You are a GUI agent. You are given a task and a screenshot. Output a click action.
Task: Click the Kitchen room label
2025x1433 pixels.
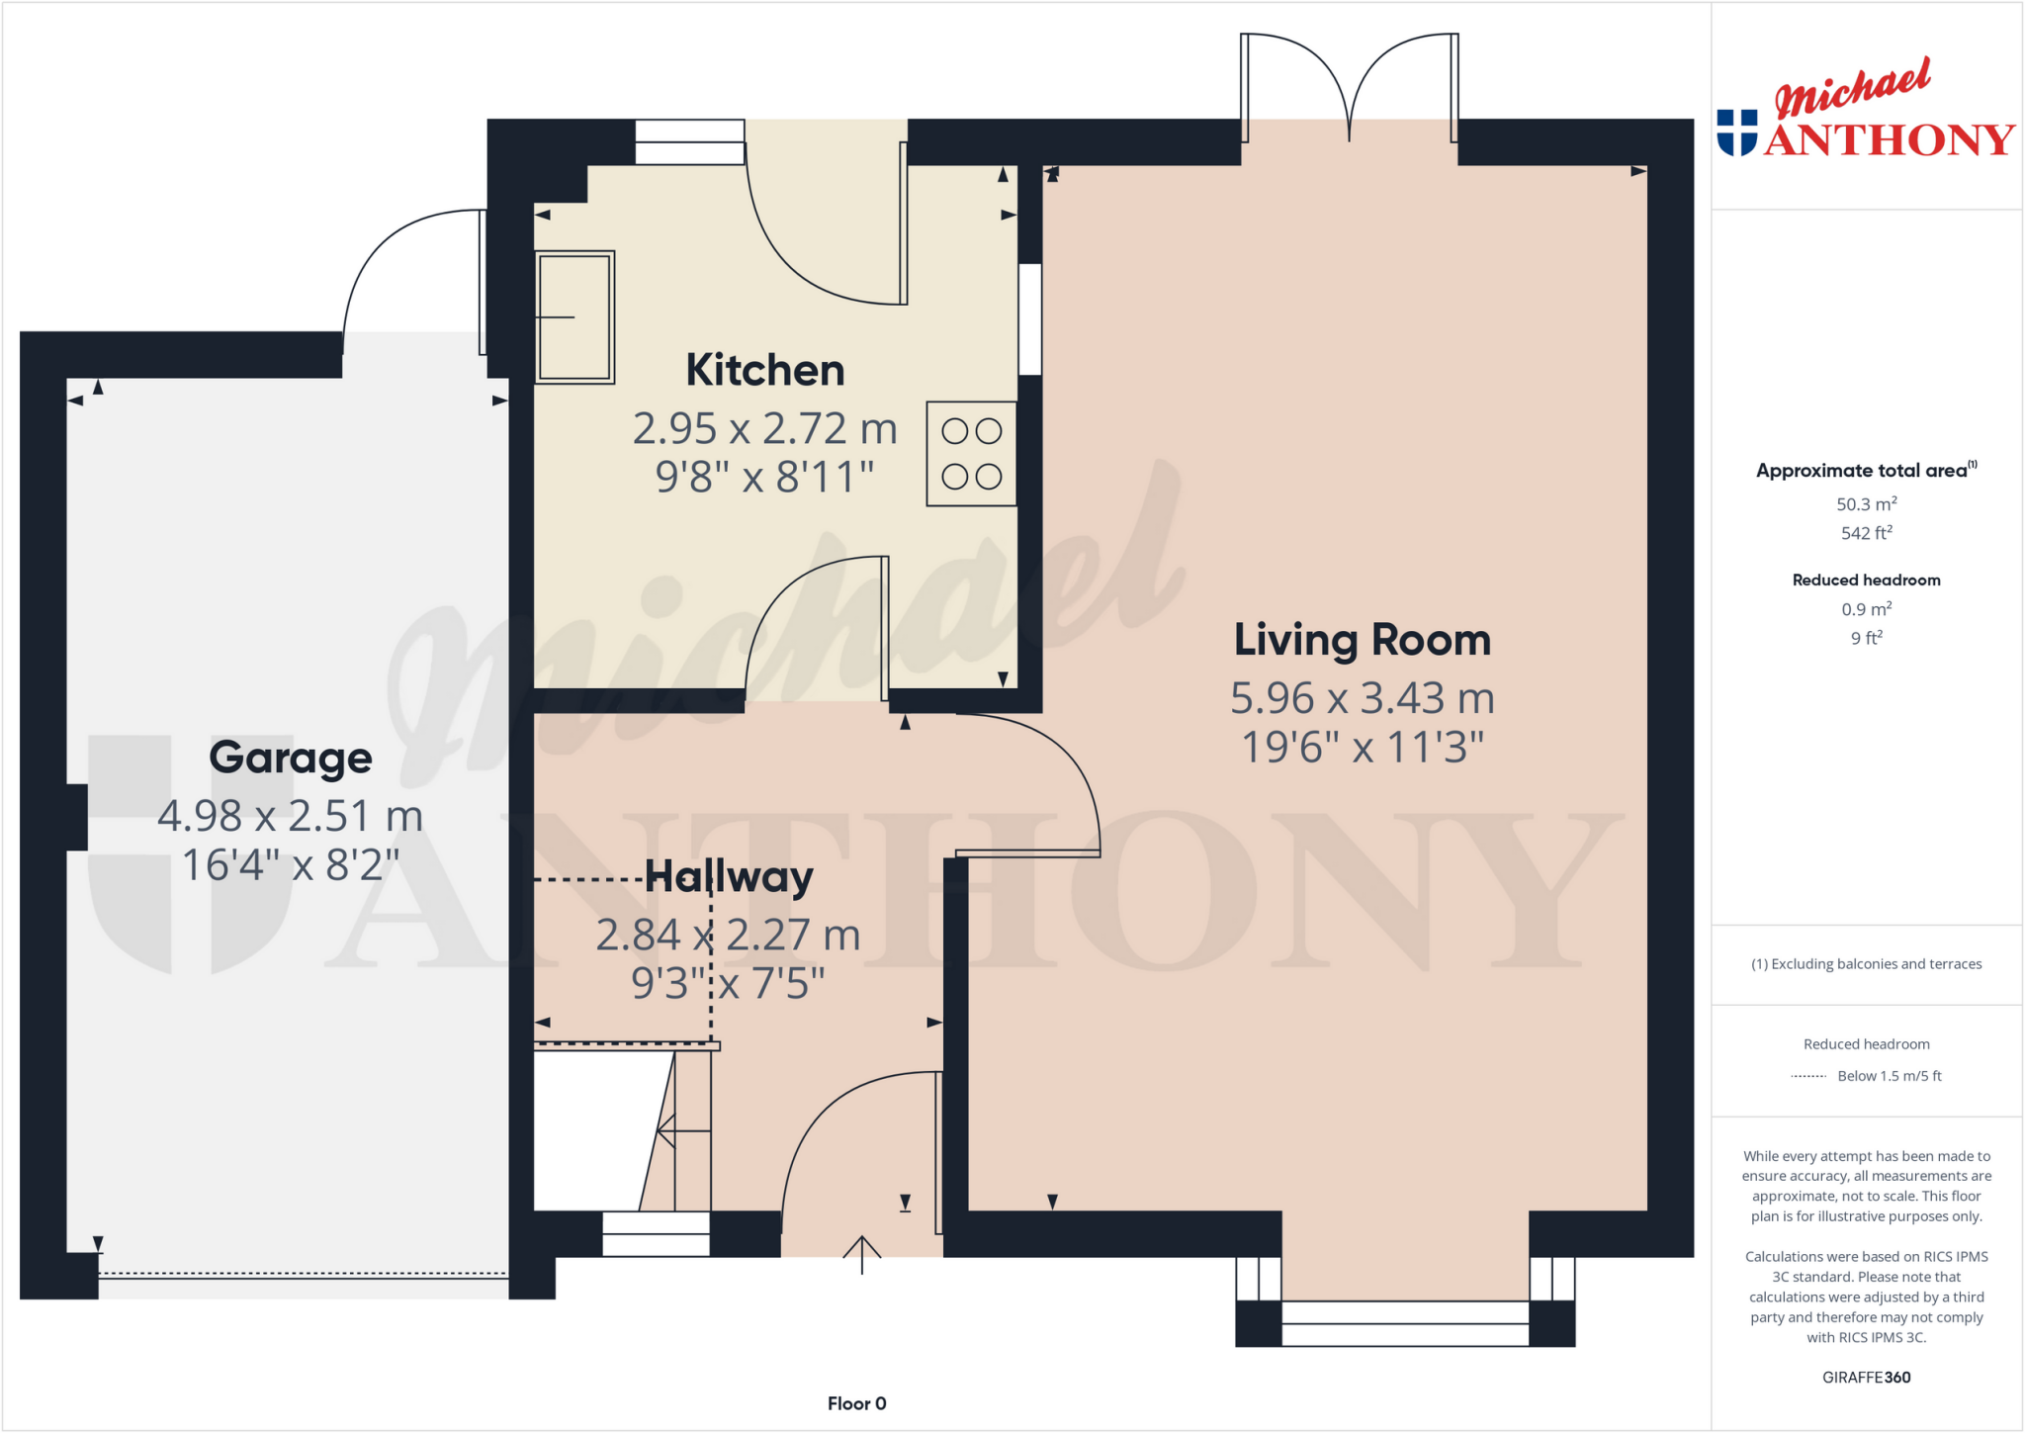click(x=765, y=371)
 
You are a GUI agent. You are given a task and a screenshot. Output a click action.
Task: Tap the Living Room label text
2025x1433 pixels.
click(x=1362, y=640)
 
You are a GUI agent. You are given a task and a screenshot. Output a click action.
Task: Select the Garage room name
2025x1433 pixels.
click(x=291, y=758)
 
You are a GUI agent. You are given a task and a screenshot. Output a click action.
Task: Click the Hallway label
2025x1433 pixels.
click(x=729, y=876)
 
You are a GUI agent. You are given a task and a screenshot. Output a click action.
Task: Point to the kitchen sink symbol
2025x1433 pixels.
click(x=574, y=317)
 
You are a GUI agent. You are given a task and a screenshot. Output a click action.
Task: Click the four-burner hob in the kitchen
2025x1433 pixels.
click(x=971, y=454)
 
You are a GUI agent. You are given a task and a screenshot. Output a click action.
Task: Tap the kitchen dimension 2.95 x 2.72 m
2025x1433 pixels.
click(x=765, y=429)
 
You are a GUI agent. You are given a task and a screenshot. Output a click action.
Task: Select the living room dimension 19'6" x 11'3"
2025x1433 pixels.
click(x=1362, y=748)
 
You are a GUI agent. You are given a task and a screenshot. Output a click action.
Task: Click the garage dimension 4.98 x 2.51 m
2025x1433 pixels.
click(x=291, y=816)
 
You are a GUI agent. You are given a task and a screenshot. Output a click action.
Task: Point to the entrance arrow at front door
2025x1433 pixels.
click(x=862, y=1253)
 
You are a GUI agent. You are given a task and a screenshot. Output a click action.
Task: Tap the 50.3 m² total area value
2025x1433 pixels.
click(x=1866, y=503)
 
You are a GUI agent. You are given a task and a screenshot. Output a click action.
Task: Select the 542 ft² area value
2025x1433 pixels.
click(x=1866, y=533)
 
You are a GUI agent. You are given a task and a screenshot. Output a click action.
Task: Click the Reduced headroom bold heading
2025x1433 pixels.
click(x=1866, y=581)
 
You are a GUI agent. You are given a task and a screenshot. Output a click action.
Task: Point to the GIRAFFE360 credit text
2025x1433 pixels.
click(x=1866, y=1377)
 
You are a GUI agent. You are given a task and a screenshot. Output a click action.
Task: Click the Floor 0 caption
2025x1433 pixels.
click(x=856, y=1403)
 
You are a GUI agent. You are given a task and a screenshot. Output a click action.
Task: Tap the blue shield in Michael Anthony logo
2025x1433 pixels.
click(x=1737, y=133)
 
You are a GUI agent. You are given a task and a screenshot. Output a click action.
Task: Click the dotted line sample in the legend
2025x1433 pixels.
click(x=1808, y=1076)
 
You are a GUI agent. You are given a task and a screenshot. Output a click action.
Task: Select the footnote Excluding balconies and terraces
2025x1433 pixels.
click(x=1866, y=964)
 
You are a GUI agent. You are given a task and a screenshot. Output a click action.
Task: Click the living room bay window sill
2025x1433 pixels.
click(x=1404, y=1324)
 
